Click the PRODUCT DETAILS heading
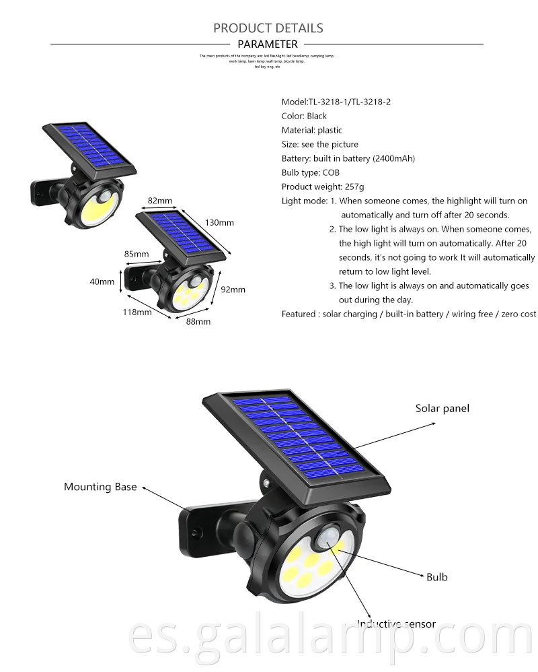pyautogui.click(x=268, y=28)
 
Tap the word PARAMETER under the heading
pyautogui.click(x=268, y=44)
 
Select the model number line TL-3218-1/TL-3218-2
pyautogui.click(x=336, y=102)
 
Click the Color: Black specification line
pyautogui.click(x=304, y=116)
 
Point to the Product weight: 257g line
pyautogui.click(x=323, y=187)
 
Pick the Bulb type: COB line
pyautogui.click(x=311, y=172)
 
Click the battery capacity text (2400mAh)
pyautogui.click(x=393, y=158)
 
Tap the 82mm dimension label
pyautogui.click(x=160, y=201)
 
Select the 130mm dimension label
pyautogui.click(x=220, y=222)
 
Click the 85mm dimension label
pyautogui.click(x=137, y=254)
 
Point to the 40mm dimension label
pyautogui.click(x=102, y=281)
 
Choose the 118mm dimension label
pyautogui.click(x=137, y=312)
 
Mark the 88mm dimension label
pyautogui.click(x=198, y=322)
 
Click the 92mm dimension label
pyautogui.click(x=233, y=290)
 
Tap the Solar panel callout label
pyautogui.click(x=442, y=408)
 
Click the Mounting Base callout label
pyautogui.click(x=100, y=486)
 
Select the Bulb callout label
pyautogui.click(x=436, y=576)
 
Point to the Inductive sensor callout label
pyautogui.click(x=396, y=624)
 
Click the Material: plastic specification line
pyautogui.click(x=311, y=130)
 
